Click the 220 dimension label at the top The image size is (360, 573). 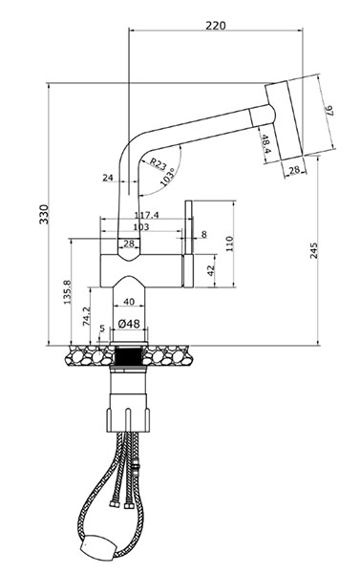coord(216,26)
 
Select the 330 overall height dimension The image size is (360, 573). coord(44,214)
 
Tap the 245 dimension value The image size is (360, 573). coord(313,250)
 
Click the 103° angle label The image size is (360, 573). coord(167,178)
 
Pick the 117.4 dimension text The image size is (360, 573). coord(146,216)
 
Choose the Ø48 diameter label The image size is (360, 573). coord(129,324)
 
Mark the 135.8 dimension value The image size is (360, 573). coord(67,291)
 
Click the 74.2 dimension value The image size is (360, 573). coord(87,316)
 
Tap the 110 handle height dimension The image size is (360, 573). coord(229,244)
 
